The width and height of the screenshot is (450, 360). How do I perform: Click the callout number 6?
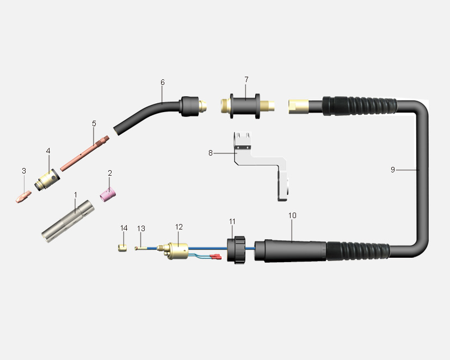pos(163,82)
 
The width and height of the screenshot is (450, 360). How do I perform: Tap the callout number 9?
pos(393,170)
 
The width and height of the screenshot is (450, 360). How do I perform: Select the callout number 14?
pos(124,228)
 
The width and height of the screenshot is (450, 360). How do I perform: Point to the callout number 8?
pos(211,153)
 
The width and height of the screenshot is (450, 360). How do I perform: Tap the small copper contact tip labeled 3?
pos(23,197)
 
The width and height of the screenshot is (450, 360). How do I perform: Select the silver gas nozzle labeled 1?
pos(67,221)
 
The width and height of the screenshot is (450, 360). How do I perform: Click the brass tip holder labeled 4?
pos(47,179)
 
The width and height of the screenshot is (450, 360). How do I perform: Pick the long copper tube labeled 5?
pos(85,153)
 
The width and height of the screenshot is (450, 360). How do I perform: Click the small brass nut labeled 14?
pos(122,248)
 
